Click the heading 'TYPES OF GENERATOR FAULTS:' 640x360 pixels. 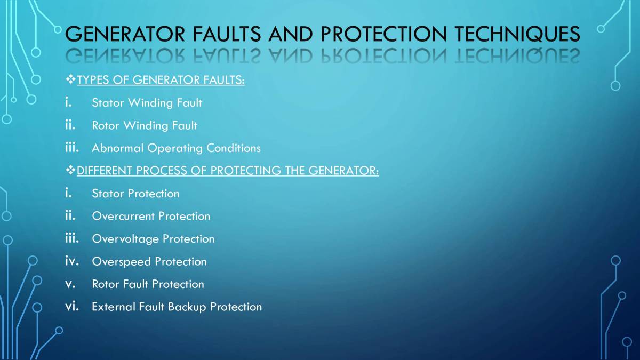tap(161, 81)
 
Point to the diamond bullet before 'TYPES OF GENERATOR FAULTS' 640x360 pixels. tap(70, 81)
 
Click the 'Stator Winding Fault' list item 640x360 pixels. tap(147, 102)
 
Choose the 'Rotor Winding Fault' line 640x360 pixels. tap(145, 125)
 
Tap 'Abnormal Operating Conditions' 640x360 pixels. tap(176, 148)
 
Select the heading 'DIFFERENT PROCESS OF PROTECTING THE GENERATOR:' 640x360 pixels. tap(228, 171)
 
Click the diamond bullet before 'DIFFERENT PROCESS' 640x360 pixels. tap(70, 171)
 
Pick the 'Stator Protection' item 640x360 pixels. tap(135, 193)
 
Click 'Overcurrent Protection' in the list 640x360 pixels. tap(151, 216)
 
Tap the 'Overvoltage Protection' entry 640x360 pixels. tap(153, 238)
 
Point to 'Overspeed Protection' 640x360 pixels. tap(149, 261)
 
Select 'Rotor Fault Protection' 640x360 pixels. tap(148, 284)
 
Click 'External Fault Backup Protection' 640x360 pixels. tap(177, 307)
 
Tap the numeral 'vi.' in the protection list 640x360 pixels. tap(72, 306)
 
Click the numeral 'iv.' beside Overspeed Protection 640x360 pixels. tap(72, 261)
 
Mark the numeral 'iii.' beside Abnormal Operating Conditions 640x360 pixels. tap(72, 147)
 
